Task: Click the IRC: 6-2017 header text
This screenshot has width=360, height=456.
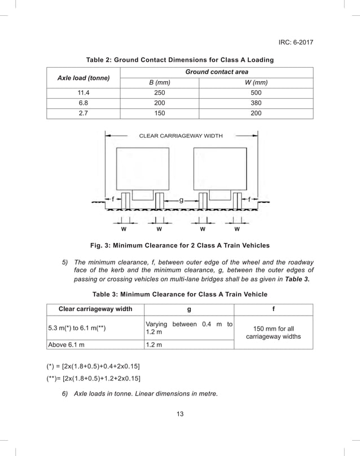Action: click(x=296, y=42)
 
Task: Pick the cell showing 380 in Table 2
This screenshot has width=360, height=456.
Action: click(x=256, y=103)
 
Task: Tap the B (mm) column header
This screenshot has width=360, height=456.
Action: click(x=160, y=83)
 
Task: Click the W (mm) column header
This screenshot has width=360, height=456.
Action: click(x=256, y=83)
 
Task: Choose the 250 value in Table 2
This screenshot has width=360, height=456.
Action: click(x=160, y=93)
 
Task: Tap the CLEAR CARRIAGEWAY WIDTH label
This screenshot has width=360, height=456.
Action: click(x=181, y=136)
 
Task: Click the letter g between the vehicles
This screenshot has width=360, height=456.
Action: click(x=181, y=200)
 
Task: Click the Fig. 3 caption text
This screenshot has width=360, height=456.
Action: click(x=180, y=245)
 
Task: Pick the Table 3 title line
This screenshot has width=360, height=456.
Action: click(x=179, y=294)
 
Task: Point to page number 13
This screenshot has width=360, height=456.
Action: click(x=180, y=415)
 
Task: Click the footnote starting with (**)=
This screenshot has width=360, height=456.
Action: click(x=94, y=378)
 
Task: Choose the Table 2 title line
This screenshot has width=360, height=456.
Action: click(x=179, y=59)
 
